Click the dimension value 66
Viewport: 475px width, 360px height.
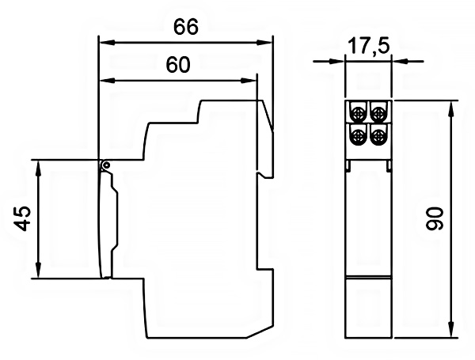(186, 26)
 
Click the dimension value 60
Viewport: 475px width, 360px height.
(178, 65)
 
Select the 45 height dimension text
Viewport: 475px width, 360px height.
(22, 218)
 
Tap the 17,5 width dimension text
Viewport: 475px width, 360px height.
(368, 46)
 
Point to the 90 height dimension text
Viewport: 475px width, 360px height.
(435, 218)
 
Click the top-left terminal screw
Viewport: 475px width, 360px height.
(359, 114)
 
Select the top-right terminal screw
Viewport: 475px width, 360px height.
(378, 114)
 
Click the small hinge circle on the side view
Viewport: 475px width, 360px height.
(106, 165)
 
